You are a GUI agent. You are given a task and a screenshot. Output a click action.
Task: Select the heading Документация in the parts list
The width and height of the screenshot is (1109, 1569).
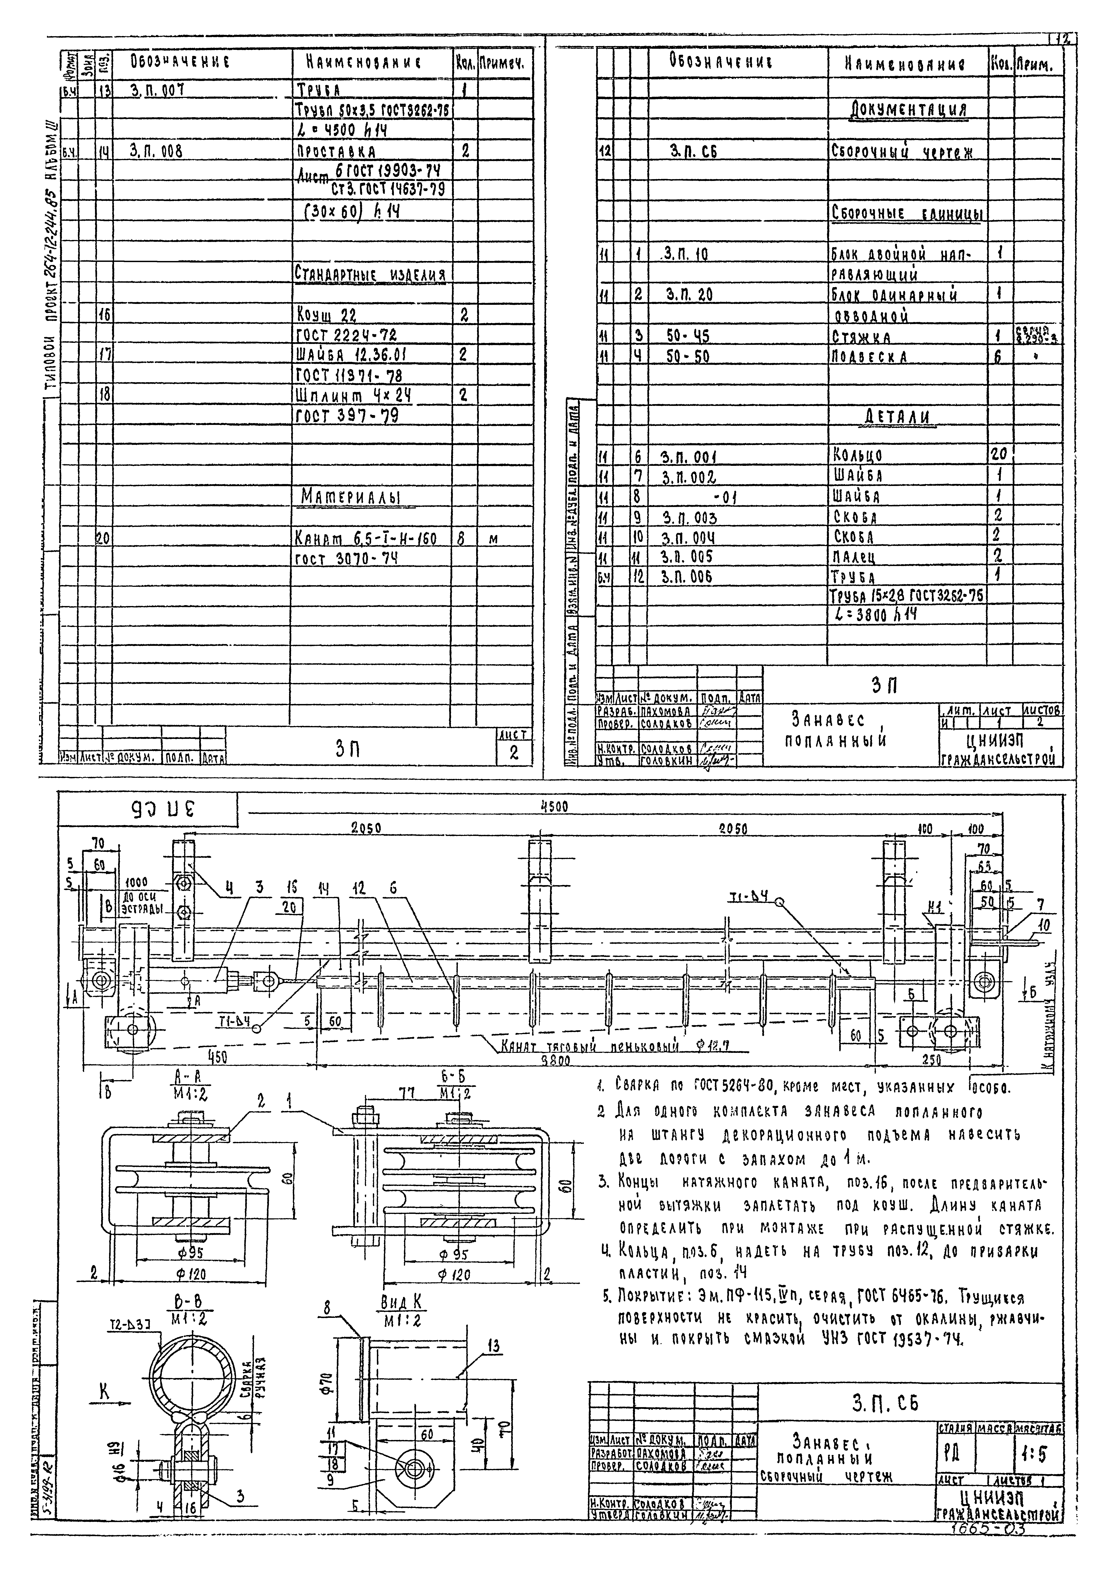tap(909, 110)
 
